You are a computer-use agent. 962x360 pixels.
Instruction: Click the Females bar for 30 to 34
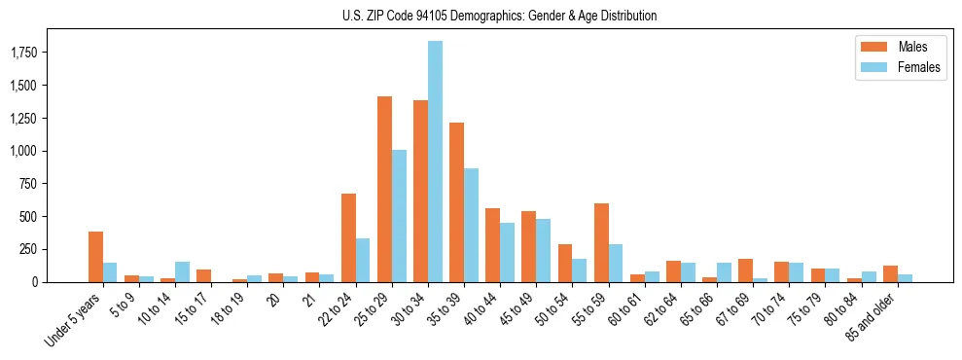[x=435, y=162]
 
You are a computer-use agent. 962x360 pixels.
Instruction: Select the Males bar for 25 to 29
[x=384, y=189]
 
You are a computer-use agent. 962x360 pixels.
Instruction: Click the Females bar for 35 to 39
[x=471, y=225]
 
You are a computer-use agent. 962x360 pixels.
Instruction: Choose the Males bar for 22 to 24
[x=348, y=237]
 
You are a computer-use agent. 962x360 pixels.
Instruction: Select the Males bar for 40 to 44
[x=493, y=245]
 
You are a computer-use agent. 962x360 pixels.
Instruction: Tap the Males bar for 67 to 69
[x=746, y=270]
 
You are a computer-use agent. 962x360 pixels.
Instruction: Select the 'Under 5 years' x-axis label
[x=74, y=322]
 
